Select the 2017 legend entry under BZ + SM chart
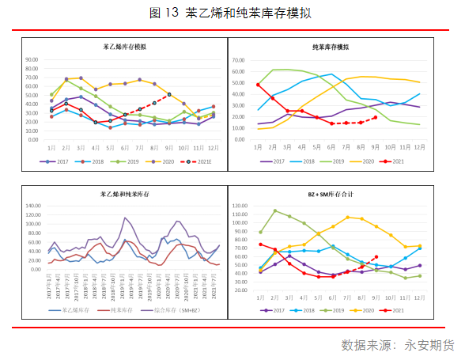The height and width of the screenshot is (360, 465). (x=282, y=311)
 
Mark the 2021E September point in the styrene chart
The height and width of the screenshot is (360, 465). (x=169, y=95)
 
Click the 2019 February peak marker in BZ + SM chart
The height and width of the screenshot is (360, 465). (x=275, y=211)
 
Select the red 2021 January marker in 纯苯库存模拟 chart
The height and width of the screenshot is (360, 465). (x=259, y=85)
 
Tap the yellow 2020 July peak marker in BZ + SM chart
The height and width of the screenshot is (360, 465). (x=347, y=217)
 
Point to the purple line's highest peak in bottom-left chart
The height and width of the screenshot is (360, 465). (x=125, y=217)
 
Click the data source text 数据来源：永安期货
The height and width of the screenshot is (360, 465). (x=398, y=346)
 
